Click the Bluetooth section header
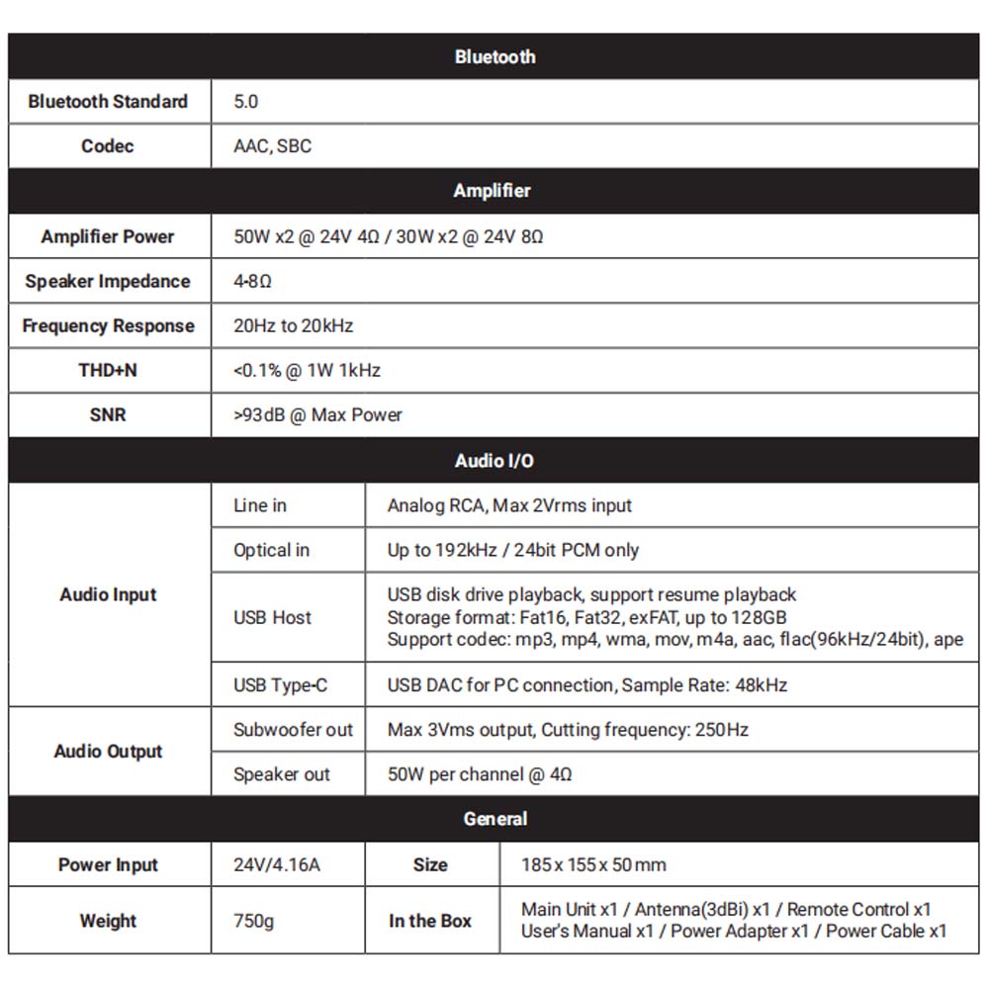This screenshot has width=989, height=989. coord(494,56)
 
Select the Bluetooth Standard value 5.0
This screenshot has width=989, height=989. coord(245,102)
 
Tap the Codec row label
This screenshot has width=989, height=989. coord(108,146)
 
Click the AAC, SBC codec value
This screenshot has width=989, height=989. coord(272,146)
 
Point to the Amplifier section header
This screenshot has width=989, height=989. coord(493,191)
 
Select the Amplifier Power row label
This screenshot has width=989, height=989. coord(108,236)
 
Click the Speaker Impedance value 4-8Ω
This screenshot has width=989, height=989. coord(252,282)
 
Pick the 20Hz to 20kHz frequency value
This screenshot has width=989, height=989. coord(293,326)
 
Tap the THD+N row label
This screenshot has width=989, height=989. coord(108,371)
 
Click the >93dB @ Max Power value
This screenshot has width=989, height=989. coord(317,415)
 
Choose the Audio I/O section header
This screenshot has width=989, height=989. coord(494,461)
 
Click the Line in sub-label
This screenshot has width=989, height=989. coord(260,505)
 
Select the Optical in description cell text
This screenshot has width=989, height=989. coord(512,550)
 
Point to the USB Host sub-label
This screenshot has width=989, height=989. coord(272,618)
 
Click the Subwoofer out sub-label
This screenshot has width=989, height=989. coord(293,730)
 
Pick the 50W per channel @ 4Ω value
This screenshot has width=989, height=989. coord(480,774)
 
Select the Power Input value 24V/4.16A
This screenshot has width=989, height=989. coord(277,865)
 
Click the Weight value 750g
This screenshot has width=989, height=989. coord(254,921)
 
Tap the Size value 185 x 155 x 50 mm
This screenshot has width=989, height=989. coord(593,865)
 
